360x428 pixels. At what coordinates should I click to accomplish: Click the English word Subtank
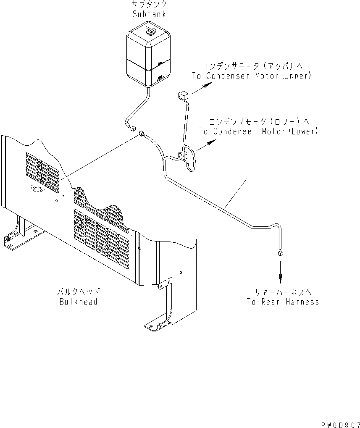click(x=149, y=14)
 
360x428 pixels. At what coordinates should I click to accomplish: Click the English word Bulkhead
click(x=79, y=302)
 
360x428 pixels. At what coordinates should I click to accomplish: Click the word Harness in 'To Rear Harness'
click(x=302, y=302)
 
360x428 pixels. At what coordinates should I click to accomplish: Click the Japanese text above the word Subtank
click(x=150, y=5)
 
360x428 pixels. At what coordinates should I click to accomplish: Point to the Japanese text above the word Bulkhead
click(x=79, y=292)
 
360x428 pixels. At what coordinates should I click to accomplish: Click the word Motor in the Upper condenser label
click(x=266, y=76)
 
